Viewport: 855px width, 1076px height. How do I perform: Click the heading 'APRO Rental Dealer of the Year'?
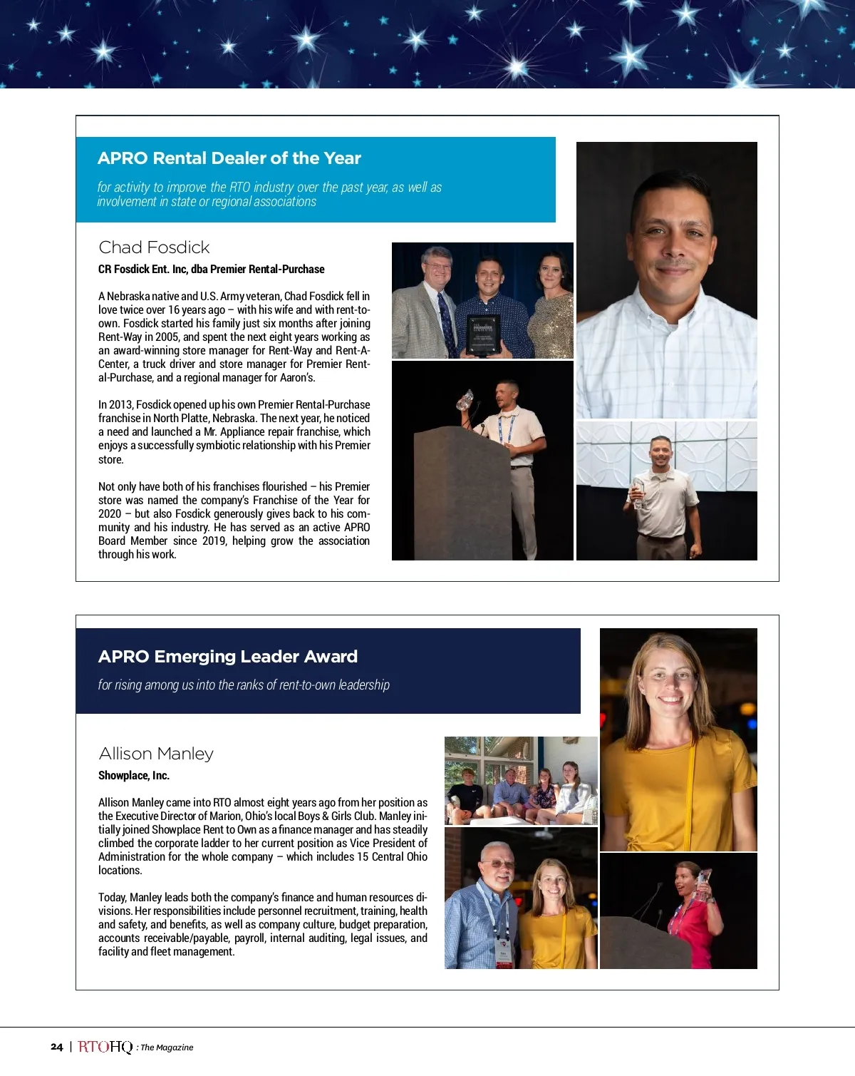(229, 158)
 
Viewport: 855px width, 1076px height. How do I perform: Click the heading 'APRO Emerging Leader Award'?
(227, 657)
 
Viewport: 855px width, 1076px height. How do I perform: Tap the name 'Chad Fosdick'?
(154, 247)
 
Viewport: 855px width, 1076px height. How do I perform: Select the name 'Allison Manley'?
(156, 754)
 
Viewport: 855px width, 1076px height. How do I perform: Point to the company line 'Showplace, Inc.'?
(134, 775)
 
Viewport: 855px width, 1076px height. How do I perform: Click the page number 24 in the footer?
(57, 1047)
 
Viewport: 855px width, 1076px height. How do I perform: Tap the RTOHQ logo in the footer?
(105, 1047)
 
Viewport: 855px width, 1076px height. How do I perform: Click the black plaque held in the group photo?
(483, 334)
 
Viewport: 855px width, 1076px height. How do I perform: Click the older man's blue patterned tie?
(448, 321)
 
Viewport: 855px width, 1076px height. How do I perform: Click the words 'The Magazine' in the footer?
(167, 1047)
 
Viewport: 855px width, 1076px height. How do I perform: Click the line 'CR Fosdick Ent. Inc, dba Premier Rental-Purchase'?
(211, 269)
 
